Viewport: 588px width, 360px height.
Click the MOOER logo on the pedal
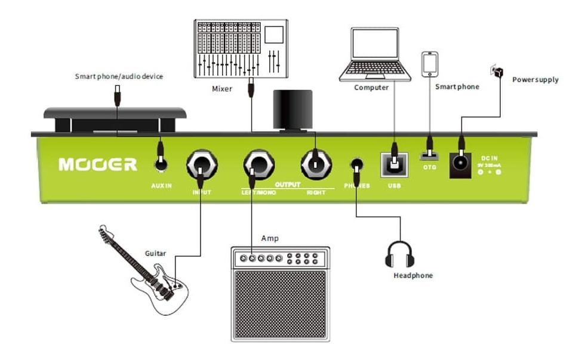[98, 164]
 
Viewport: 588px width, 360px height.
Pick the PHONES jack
[358, 164]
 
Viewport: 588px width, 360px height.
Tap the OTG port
[429, 156]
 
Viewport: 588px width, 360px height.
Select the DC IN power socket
[460, 162]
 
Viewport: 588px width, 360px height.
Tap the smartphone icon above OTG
[430, 64]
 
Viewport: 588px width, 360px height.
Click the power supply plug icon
[495, 71]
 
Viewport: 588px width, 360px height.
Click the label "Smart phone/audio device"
[119, 76]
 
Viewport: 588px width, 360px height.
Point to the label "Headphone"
[413, 276]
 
